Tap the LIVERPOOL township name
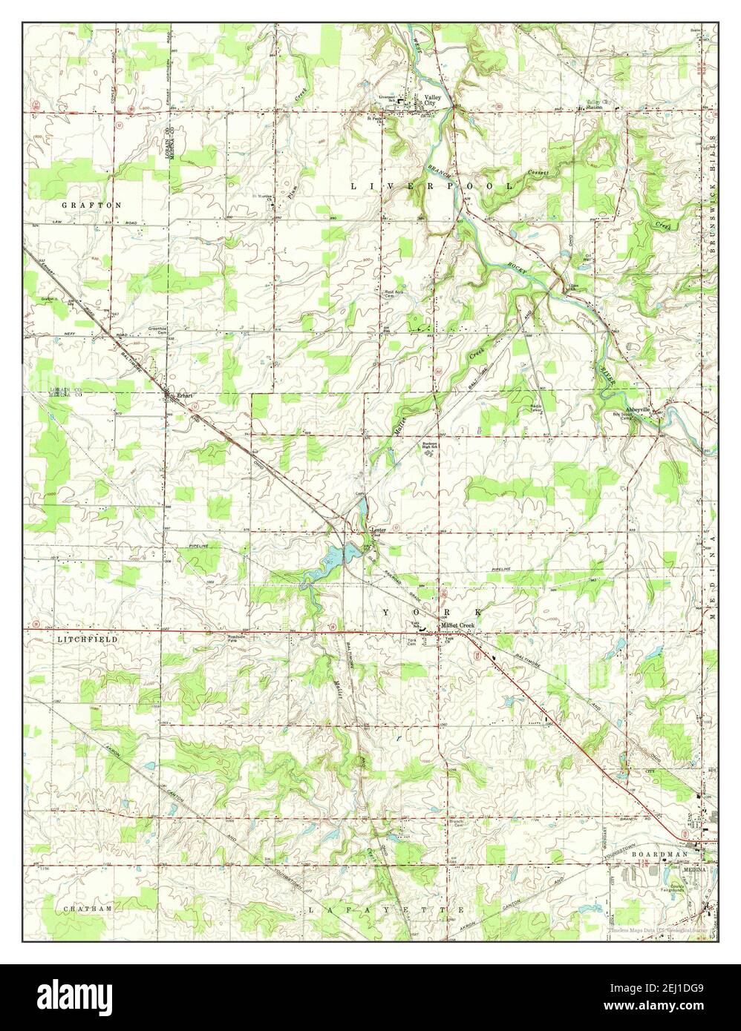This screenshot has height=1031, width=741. click(x=431, y=186)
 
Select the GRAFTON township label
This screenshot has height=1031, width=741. click(x=91, y=204)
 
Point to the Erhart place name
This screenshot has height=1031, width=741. click(x=183, y=396)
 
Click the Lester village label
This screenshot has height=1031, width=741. click(x=379, y=530)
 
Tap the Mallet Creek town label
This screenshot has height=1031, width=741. click(x=456, y=626)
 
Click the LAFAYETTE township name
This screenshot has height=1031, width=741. click(x=386, y=909)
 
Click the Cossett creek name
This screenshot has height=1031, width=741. click(x=538, y=172)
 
